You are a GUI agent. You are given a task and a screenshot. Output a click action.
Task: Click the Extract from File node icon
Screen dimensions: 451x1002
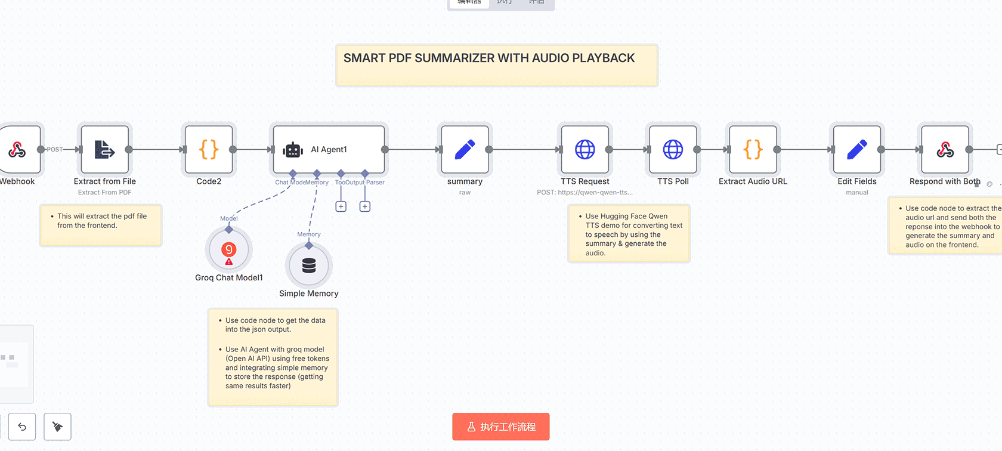pyautogui.click(x=104, y=149)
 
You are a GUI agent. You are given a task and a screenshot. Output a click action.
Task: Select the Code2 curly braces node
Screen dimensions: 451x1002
pyautogui.click(x=209, y=149)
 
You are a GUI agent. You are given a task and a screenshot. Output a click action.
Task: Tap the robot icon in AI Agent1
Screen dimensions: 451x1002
pyautogui.click(x=293, y=150)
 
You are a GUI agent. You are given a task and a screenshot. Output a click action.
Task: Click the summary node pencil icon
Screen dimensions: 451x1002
pyautogui.click(x=465, y=149)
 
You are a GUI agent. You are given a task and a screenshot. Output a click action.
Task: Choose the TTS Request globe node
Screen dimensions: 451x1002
pyautogui.click(x=584, y=149)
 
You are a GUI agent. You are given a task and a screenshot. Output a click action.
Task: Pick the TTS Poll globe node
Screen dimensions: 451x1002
pyautogui.click(x=673, y=149)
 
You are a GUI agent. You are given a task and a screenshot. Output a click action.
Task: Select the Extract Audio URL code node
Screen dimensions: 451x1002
pyautogui.click(x=753, y=149)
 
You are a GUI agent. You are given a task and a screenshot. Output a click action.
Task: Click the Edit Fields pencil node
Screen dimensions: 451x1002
pyautogui.click(x=856, y=149)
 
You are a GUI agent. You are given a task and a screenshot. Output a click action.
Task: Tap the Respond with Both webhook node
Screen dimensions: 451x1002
pyautogui.click(x=945, y=149)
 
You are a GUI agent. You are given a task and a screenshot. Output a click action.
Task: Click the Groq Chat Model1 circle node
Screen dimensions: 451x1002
pyautogui.click(x=229, y=249)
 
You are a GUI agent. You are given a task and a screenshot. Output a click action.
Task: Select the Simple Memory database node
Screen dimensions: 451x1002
pyautogui.click(x=309, y=265)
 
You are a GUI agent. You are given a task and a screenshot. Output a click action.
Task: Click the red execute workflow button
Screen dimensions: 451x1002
pyautogui.click(x=500, y=427)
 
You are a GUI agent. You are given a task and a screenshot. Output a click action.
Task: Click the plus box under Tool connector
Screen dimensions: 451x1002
pyautogui.click(x=341, y=206)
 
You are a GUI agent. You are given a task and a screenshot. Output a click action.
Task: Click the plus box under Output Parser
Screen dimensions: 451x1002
pyautogui.click(x=365, y=206)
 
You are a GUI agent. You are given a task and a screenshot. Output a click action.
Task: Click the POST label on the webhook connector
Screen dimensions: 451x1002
pyautogui.click(x=54, y=150)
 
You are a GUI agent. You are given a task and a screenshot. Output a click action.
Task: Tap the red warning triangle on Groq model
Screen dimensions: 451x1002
pyautogui.click(x=229, y=262)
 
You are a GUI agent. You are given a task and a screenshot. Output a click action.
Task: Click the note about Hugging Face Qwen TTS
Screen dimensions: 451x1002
pyautogui.click(x=629, y=234)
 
